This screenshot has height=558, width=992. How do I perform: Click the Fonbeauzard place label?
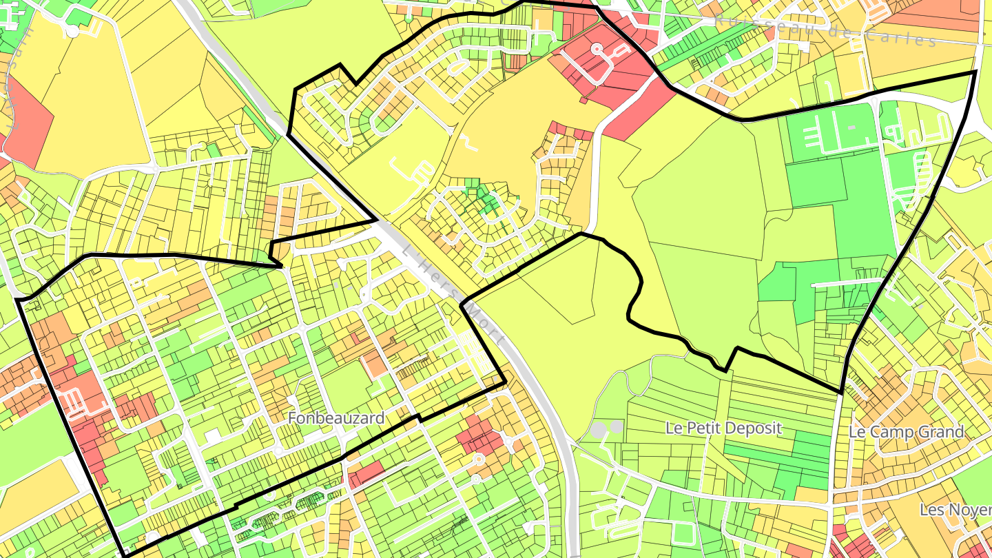click(335, 418)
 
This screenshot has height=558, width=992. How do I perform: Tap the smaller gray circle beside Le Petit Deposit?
click(616, 427)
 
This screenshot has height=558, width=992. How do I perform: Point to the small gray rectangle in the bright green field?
click(852, 127)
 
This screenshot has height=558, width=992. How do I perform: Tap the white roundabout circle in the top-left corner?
click(73, 30)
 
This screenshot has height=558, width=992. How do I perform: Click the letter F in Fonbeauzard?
click(292, 418)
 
